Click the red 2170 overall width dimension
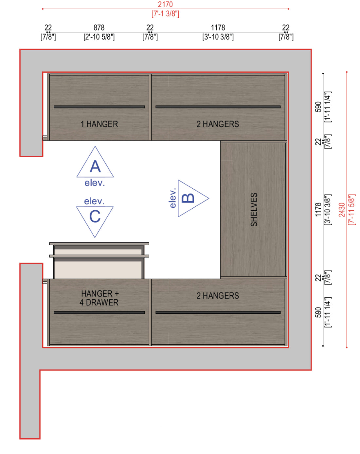tap(165, 5)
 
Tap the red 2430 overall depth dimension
tap(342, 210)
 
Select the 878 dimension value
tap(99, 28)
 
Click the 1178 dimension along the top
tap(218, 28)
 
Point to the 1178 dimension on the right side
tap(318, 210)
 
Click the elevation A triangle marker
tap(95, 162)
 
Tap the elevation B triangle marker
tap(193, 198)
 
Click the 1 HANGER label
tap(99, 124)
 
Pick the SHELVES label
tap(254, 210)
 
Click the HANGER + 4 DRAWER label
tap(99, 298)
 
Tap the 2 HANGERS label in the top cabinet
tap(218, 124)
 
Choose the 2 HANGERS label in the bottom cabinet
tap(218, 295)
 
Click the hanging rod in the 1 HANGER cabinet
tap(99, 107)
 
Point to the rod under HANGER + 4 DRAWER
tap(99, 312)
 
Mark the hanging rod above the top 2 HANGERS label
tap(218, 107)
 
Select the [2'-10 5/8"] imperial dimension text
tap(99, 37)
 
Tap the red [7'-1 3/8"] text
tap(165, 14)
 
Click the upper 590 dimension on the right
tap(318, 107)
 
